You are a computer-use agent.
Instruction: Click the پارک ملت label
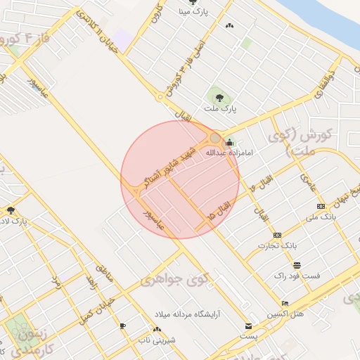pyautogui.click(x=220, y=109)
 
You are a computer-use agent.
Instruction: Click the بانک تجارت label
pyautogui.click(x=280, y=245)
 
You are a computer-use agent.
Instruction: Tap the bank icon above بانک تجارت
pyautogui.click(x=277, y=235)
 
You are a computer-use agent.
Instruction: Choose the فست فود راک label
pyautogui.click(x=297, y=276)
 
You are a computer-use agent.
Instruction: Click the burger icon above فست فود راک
pyautogui.click(x=297, y=265)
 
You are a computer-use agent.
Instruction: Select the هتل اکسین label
pyautogui.click(x=285, y=313)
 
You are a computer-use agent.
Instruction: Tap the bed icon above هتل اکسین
pyautogui.click(x=285, y=303)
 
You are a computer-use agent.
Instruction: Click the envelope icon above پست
pyautogui.click(x=248, y=326)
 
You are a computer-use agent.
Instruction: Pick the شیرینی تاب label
pyautogui.click(x=156, y=340)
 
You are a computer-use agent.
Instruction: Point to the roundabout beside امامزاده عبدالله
pyautogui.click(x=215, y=138)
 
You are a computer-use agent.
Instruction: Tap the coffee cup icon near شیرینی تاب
pyautogui.click(x=122, y=326)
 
